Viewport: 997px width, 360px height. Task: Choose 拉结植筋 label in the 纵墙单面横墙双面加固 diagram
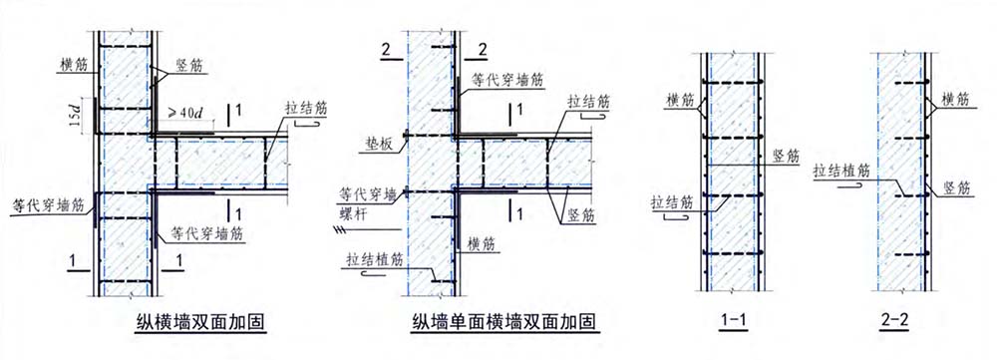tap(375, 257)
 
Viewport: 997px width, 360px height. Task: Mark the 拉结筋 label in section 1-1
tap(671, 201)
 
